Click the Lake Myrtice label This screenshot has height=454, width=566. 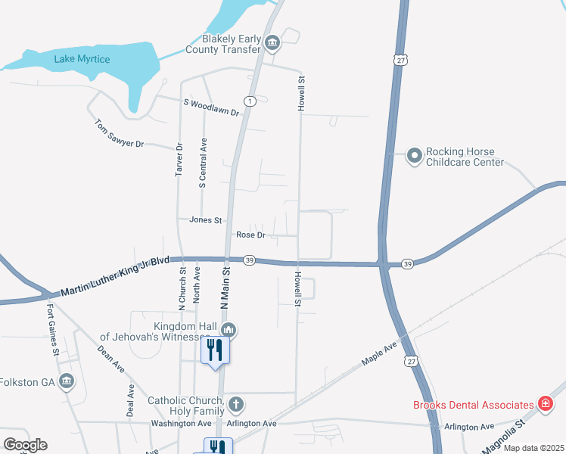coord(82,59)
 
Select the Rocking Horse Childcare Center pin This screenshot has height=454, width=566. coord(415,156)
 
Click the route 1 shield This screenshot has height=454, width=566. coord(250,101)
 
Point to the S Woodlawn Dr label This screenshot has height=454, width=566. coord(210,107)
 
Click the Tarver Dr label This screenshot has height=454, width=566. coord(179,160)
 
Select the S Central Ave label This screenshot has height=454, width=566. coord(203,163)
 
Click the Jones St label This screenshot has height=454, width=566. coord(206,220)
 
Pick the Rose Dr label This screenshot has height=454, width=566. coord(250,235)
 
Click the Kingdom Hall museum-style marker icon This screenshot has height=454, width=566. coord(229,330)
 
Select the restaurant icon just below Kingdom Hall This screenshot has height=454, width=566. coord(215,350)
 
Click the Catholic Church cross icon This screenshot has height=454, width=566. coord(236,404)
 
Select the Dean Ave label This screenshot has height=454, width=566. coord(111,359)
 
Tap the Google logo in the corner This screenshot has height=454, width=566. coord(25,445)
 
